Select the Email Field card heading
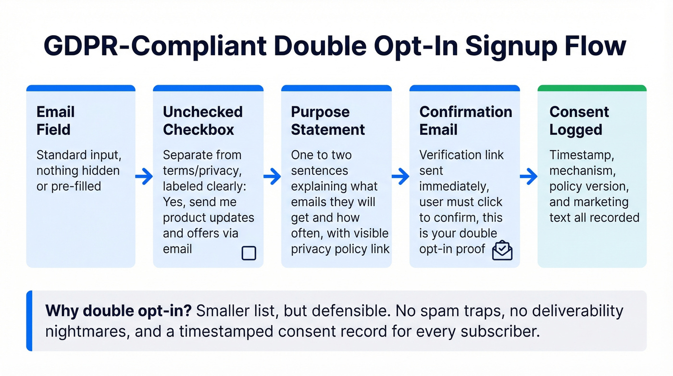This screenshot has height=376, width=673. (x=56, y=121)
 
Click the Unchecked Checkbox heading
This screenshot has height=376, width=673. (x=202, y=121)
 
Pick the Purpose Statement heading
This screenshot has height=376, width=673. (x=328, y=121)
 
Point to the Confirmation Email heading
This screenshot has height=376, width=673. (x=465, y=121)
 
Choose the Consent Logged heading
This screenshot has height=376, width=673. (x=579, y=121)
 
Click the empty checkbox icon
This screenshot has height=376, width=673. (x=249, y=253)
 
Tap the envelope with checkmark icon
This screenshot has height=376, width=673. (x=502, y=250)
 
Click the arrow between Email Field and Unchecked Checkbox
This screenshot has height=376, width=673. (x=144, y=177)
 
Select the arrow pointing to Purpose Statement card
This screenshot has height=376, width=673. (x=272, y=177)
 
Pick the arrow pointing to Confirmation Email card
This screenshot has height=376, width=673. (x=400, y=177)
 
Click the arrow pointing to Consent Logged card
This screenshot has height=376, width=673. (x=529, y=177)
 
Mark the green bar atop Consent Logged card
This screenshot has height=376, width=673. (x=592, y=88)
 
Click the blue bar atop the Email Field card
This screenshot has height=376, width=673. (x=81, y=88)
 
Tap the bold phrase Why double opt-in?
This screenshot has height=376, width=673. (x=118, y=311)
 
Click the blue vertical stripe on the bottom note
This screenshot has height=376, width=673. (x=29, y=321)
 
